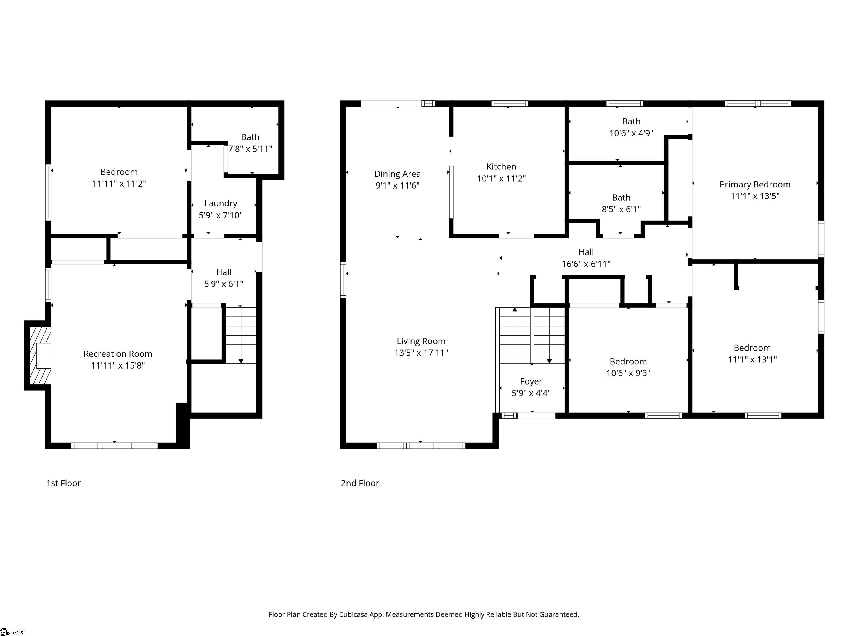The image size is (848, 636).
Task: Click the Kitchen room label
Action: pyautogui.click(x=501, y=167)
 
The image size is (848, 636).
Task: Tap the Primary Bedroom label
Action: pyautogui.click(x=755, y=184)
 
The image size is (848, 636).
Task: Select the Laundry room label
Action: pyautogui.click(x=221, y=203)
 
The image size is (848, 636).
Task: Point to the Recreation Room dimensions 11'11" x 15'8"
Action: pyautogui.click(x=118, y=365)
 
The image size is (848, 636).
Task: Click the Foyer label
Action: pyautogui.click(x=531, y=381)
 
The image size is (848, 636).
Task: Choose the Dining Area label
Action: pyautogui.click(x=397, y=174)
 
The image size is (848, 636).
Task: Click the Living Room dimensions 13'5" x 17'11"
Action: pyautogui.click(x=421, y=353)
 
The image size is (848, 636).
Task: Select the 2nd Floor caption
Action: pyautogui.click(x=360, y=483)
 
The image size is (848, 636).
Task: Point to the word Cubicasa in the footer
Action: pyautogui.click(x=353, y=614)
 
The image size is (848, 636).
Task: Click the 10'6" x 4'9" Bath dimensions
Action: pyautogui.click(x=631, y=133)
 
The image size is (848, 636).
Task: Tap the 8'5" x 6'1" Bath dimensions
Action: pyautogui.click(x=621, y=209)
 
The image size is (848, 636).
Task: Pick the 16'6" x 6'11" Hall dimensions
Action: pyautogui.click(x=586, y=264)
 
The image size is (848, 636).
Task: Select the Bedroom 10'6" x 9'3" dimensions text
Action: pyautogui.click(x=628, y=373)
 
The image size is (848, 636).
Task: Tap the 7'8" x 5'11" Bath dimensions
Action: pyautogui.click(x=250, y=149)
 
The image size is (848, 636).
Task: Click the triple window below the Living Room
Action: pyautogui.click(x=421, y=446)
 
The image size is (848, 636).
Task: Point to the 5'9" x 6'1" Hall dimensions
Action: pyautogui.click(x=224, y=284)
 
